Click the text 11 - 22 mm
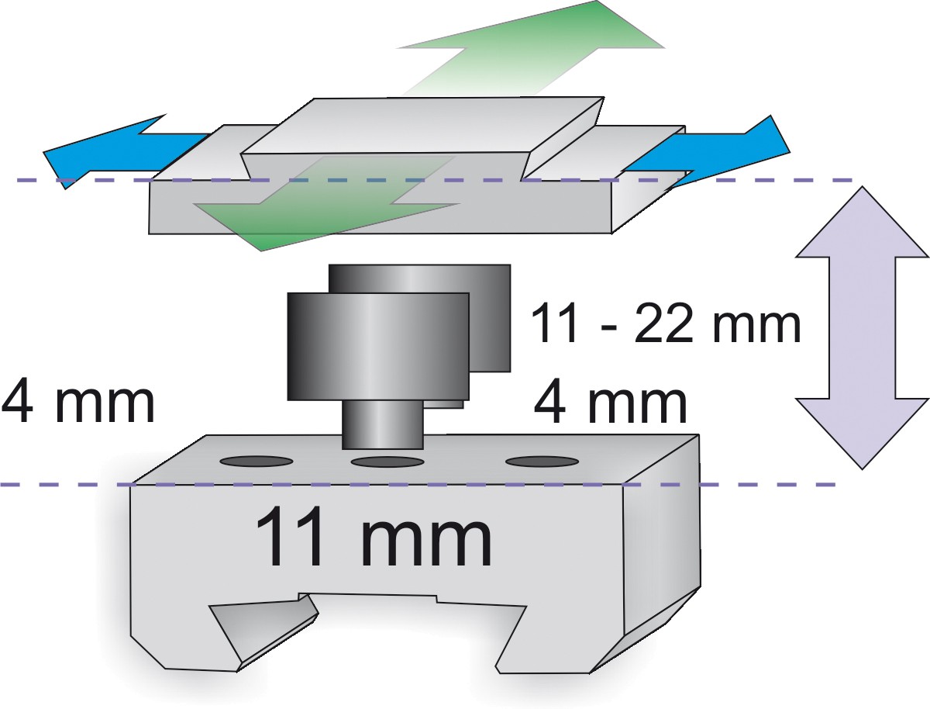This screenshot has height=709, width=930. tap(665, 323)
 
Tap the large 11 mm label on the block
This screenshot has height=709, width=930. tap(373, 538)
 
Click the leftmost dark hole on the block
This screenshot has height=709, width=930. tap(257, 462)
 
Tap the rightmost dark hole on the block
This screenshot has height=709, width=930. tap(542, 462)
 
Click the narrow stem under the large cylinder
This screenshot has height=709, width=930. tap(383, 424)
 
